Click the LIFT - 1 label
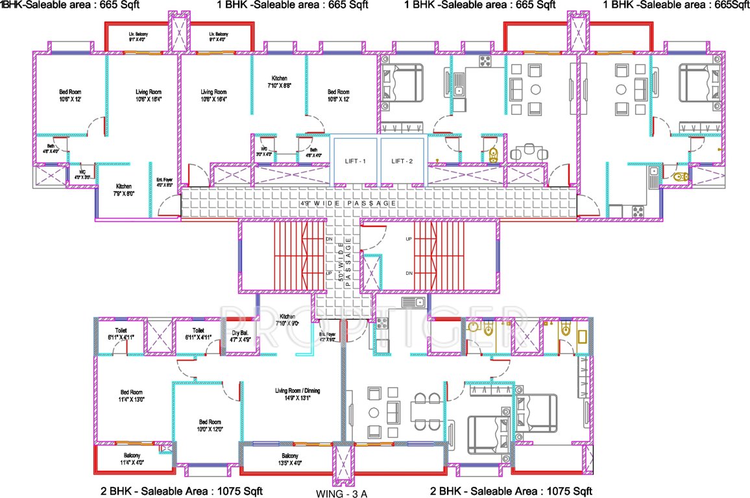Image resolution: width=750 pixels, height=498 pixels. (356, 160)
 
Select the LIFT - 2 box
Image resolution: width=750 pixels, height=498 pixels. (402, 160)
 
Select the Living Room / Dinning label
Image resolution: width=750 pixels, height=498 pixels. (297, 395)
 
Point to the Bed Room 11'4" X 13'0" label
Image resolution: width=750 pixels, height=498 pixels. (132, 396)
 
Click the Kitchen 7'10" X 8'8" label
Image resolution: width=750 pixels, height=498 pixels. (280, 82)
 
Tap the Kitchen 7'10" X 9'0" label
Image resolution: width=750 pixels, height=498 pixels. (287, 320)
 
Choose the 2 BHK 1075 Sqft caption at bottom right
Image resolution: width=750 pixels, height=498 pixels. (511, 490)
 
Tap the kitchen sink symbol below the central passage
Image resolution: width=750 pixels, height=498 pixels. (413, 302)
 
